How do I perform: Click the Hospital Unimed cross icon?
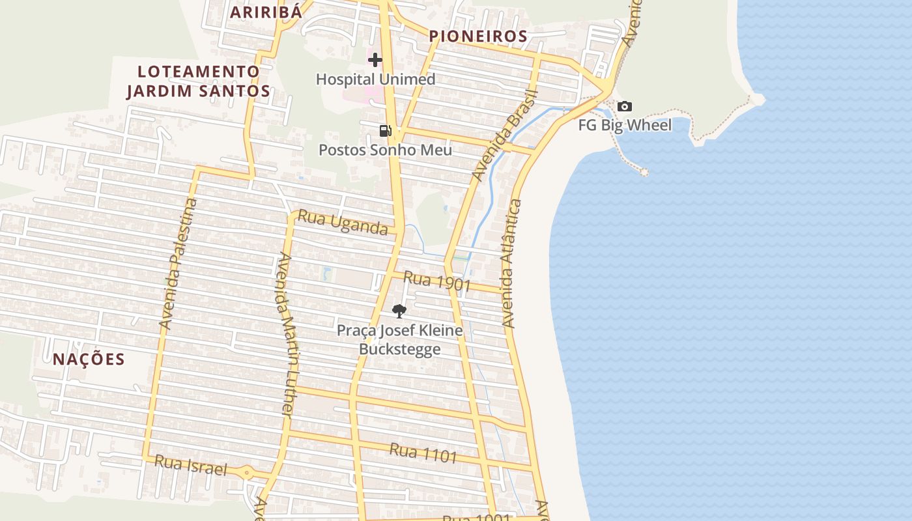pos(375,60)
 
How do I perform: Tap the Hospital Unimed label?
pos(376,79)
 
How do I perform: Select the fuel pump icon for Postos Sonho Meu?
pos(386,131)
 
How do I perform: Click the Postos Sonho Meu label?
pos(385,150)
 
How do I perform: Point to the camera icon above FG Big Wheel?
pos(624,106)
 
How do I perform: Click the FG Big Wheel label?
pos(625,125)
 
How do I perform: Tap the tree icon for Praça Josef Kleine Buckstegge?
pos(399,311)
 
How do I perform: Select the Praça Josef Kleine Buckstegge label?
pos(400,339)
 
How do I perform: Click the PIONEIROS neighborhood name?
pos(478,36)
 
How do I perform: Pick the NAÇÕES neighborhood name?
pos(89,359)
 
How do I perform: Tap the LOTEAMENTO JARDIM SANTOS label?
pos(198,81)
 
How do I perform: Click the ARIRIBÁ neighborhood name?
pos(266,12)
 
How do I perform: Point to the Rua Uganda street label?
pos(343,222)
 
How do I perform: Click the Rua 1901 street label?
pos(437,281)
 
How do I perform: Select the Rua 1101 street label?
pos(423,453)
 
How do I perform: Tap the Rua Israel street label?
pos(191,466)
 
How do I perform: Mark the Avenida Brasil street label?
pos(504,135)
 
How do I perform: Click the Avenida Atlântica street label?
pos(512,263)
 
